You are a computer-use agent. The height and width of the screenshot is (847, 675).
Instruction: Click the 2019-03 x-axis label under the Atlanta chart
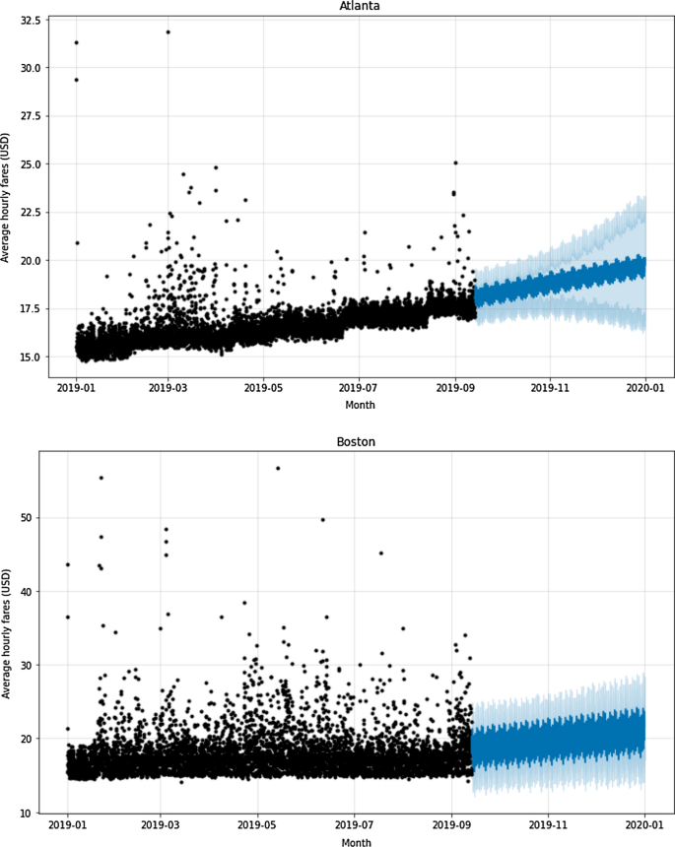pos(168,390)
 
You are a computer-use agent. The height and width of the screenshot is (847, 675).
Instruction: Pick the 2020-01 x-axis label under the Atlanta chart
pos(645,390)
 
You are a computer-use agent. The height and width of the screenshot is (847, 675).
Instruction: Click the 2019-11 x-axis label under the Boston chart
pos(549,827)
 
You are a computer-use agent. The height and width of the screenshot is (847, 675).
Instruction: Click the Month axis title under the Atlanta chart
pos(360,405)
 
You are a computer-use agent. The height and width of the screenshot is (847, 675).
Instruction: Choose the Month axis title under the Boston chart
pos(356,842)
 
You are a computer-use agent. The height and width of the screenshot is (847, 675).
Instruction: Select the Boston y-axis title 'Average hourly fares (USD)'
pos(8,630)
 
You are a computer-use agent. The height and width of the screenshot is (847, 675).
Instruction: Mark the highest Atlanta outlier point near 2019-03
pos(168,32)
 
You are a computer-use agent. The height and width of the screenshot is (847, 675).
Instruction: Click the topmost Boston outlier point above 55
pos(278,468)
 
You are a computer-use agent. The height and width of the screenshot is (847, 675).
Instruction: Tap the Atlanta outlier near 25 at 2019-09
pos(455,163)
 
